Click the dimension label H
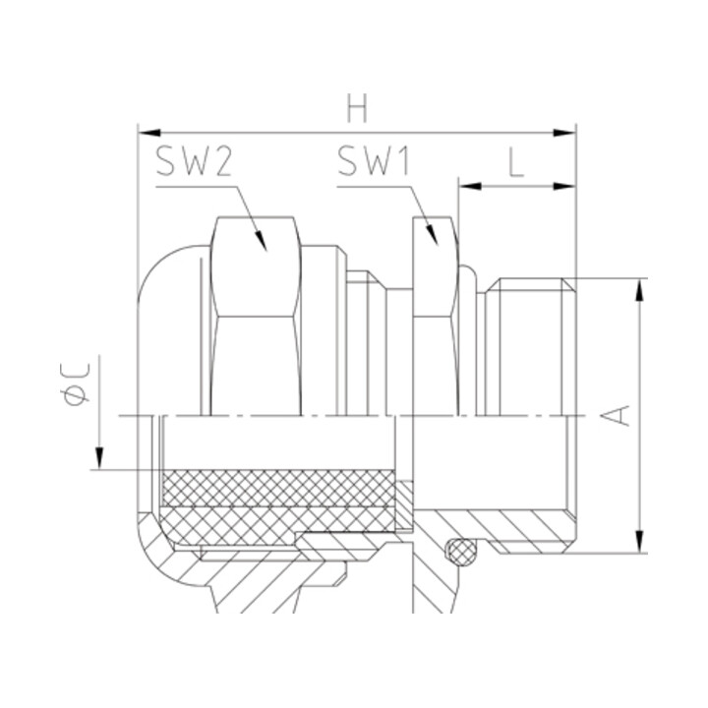click(x=357, y=108)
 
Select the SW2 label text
click(x=194, y=161)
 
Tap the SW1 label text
click(x=374, y=160)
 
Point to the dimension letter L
click(x=516, y=162)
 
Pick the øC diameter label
click(x=75, y=383)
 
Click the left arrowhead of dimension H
click(x=149, y=133)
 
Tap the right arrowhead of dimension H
click(x=564, y=133)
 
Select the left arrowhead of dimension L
click(x=470, y=186)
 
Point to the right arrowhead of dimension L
click(x=564, y=186)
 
